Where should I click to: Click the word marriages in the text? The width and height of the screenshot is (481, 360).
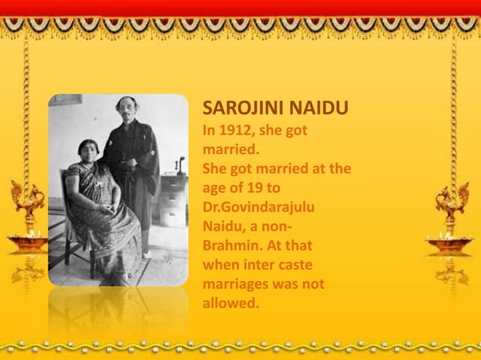click(237, 285)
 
